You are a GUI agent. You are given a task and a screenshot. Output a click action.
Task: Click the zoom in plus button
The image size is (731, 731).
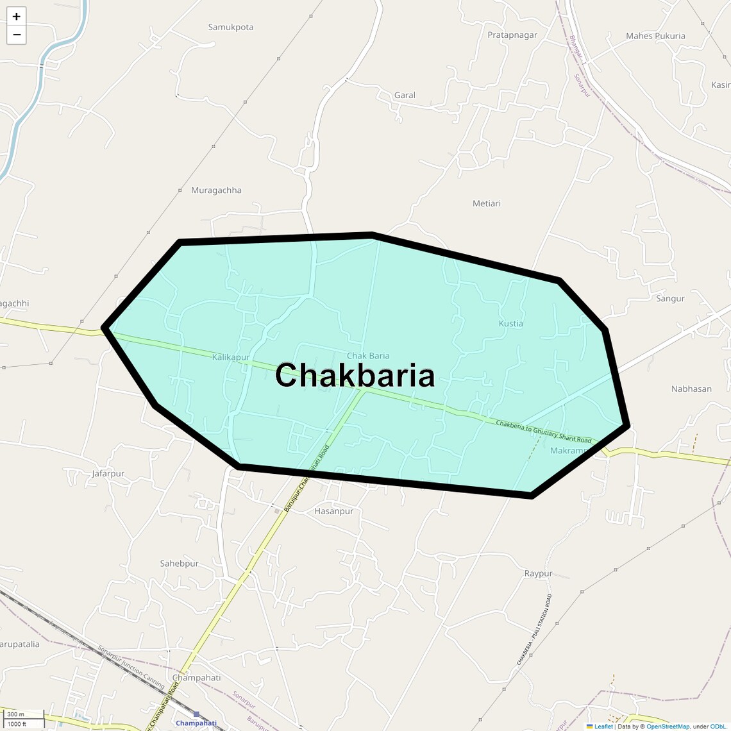(16, 17)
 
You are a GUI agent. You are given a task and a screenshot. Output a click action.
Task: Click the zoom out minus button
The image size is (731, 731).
(16, 35)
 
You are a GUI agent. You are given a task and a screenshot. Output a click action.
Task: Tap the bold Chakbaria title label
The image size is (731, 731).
(355, 375)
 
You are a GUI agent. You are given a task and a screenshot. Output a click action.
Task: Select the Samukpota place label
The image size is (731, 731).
(231, 28)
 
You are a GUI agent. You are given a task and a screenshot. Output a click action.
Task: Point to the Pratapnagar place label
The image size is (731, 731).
(512, 35)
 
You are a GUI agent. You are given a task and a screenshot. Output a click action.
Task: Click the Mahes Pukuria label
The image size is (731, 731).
(655, 36)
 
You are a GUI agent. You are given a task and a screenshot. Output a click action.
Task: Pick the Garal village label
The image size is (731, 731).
(405, 96)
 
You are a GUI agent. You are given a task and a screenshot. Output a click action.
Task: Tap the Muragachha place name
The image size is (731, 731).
(216, 190)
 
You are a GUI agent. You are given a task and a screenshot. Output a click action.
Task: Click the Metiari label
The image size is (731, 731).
(487, 204)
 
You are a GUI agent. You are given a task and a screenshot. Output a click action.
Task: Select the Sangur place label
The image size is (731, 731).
(670, 299)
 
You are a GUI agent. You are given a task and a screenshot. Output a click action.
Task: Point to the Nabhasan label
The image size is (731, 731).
(691, 389)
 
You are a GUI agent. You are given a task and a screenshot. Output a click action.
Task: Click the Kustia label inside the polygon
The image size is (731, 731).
(511, 324)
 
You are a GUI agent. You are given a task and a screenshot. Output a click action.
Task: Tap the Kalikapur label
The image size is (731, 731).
(231, 357)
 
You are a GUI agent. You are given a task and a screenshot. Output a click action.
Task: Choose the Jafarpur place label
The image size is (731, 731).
(108, 474)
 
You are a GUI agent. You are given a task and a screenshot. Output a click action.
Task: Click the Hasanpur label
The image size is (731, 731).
(333, 512)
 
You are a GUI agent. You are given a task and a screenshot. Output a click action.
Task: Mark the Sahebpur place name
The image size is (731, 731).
(180, 564)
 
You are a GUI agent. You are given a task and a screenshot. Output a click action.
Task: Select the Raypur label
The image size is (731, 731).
(538, 574)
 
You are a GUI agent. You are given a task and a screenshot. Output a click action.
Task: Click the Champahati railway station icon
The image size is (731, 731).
(196, 714)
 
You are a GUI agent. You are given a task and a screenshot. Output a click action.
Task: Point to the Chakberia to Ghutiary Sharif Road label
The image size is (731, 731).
(544, 432)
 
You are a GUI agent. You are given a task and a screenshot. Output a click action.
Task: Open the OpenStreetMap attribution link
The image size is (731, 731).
(668, 727)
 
